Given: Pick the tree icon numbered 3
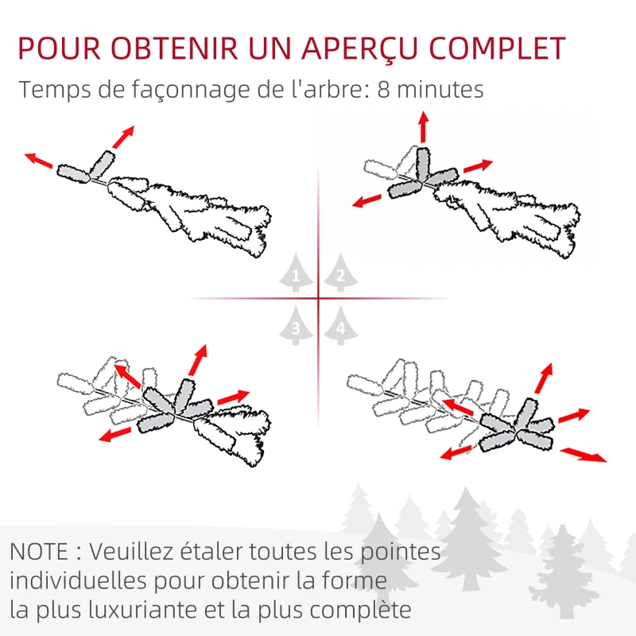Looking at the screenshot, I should (x=296, y=325).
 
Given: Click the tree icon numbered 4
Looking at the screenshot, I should (x=340, y=325).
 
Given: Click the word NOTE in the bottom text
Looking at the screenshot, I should (x=39, y=551).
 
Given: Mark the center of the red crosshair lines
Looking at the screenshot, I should (x=318, y=299).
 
